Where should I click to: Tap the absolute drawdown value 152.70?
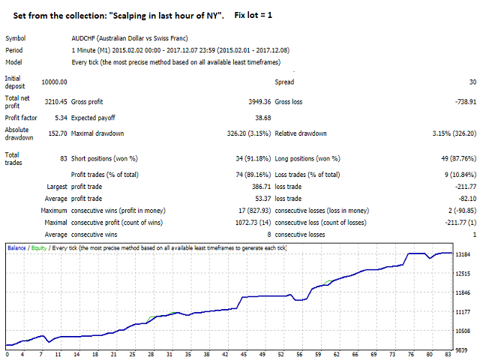[57, 134]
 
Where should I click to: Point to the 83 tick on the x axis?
[447, 355]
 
